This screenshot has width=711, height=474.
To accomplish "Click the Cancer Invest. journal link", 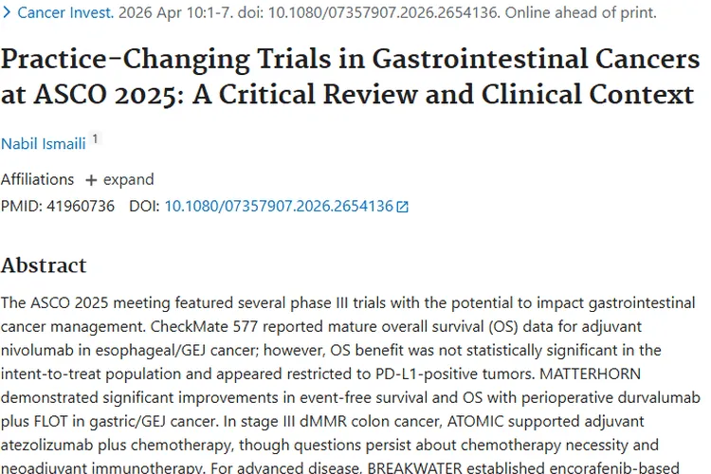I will [x=64, y=13].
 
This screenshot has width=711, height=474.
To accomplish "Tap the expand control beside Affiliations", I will [x=119, y=179].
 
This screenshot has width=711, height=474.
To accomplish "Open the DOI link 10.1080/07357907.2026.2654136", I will [x=279, y=205].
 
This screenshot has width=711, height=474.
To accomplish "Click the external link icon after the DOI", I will [x=403, y=206].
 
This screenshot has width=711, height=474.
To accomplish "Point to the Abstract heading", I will [x=44, y=264].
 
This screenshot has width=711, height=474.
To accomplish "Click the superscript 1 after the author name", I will [x=95, y=138].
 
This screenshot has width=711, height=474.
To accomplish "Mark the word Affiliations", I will [x=38, y=179].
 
